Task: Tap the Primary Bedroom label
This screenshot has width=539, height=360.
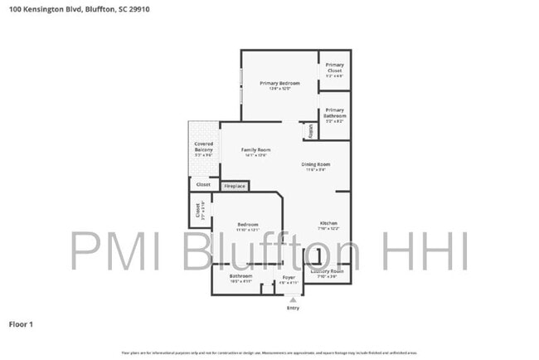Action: point(279,84)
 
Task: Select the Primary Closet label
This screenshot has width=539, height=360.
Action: point(334,68)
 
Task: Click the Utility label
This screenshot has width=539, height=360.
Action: point(311,131)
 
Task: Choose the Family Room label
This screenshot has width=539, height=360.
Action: point(255,150)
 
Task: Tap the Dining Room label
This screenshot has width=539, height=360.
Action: point(316,164)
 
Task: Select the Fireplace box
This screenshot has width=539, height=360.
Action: point(235,186)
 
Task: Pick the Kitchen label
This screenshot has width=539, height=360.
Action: point(329,224)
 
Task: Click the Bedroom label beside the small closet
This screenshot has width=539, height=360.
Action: point(248,225)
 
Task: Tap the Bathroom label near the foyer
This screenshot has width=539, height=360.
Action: point(240,276)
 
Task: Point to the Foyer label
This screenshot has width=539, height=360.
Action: point(289,277)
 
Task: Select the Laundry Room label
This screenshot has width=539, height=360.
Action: point(327,271)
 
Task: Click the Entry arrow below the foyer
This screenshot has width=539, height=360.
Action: point(291,299)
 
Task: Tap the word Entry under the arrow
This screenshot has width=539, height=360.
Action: point(292,308)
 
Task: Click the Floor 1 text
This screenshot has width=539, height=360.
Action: point(21,324)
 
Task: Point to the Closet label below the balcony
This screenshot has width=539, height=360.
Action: point(203,184)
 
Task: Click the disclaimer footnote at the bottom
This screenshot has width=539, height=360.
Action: point(269,353)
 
